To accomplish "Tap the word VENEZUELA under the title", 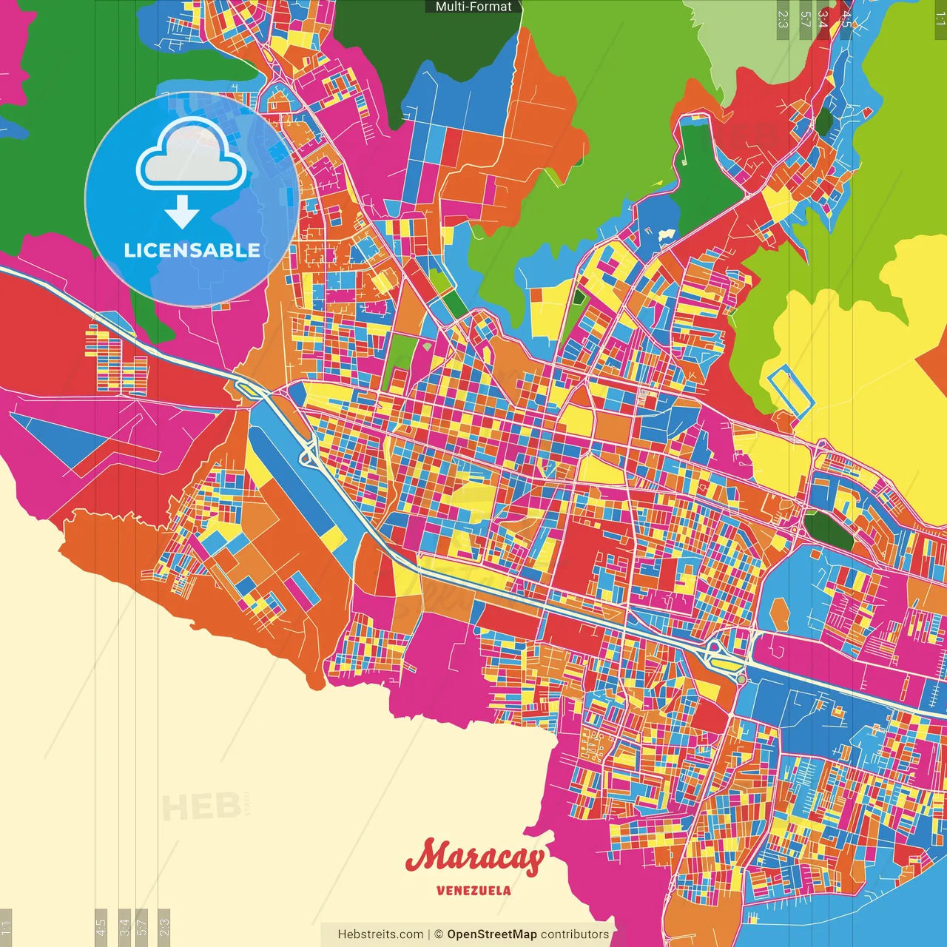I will [473, 891].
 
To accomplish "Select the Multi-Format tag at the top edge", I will [473, 7].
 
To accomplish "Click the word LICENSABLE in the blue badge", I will [192, 250].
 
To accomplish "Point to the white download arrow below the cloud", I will [182, 212].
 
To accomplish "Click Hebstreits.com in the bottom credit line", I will [380, 934].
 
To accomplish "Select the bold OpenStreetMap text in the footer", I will [491, 934].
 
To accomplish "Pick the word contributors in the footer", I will [575, 934].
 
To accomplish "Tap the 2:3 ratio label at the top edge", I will [783, 19].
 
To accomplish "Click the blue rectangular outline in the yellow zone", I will [791, 391].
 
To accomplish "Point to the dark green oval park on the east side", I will [828, 530].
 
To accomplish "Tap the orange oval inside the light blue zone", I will [779, 613].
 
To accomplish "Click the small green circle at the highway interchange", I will [741, 679].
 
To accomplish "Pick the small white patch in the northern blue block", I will [666, 235].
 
